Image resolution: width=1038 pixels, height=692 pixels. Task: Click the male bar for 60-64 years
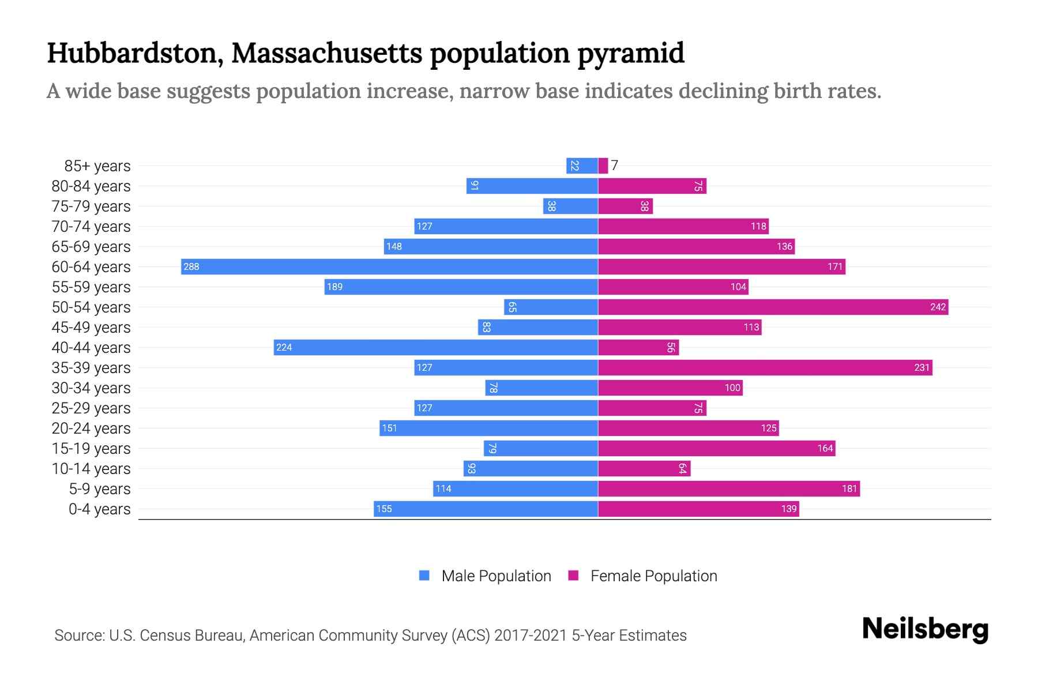pyautogui.click(x=389, y=266)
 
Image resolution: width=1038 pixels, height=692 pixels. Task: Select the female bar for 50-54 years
pyautogui.click(x=773, y=307)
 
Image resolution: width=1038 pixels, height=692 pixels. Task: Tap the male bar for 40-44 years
pyautogui.click(x=435, y=347)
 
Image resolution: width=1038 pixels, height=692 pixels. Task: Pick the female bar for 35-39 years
pyautogui.click(x=765, y=367)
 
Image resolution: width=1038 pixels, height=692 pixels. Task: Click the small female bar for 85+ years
pyautogui.click(x=603, y=166)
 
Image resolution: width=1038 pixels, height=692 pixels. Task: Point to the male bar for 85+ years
pyautogui.click(x=582, y=166)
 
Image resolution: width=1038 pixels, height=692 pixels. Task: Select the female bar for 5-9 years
pyautogui.click(x=728, y=488)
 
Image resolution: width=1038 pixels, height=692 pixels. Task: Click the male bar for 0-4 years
pyautogui.click(x=486, y=509)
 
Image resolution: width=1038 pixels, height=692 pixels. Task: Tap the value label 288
pyautogui.click(x=191, y=266)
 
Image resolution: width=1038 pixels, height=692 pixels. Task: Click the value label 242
pyautogui.click(x=938, y=307)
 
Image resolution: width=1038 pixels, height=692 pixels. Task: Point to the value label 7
pyautogui.click(x=615, y=166)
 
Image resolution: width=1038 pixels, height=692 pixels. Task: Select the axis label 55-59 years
pyautogui.click(x=91, y=287)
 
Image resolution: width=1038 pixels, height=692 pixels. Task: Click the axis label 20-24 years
pyautogui.click(x=91, y=428)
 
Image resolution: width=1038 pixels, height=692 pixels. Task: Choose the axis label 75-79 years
pyautogui.click(x=91, y=206)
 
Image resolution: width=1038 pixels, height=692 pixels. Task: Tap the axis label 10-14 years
pyautogui.click(x=91, y=468)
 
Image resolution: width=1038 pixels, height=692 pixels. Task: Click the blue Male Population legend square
pyautogui.click(x=424, y=576)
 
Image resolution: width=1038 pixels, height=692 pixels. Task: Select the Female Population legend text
pyautogui.click(x=653, y=576)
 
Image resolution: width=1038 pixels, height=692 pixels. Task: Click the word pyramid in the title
pyautogui.click(x=631, y=54)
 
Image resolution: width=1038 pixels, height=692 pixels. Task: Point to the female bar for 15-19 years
pyautogui.click(x=716, y=448)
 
